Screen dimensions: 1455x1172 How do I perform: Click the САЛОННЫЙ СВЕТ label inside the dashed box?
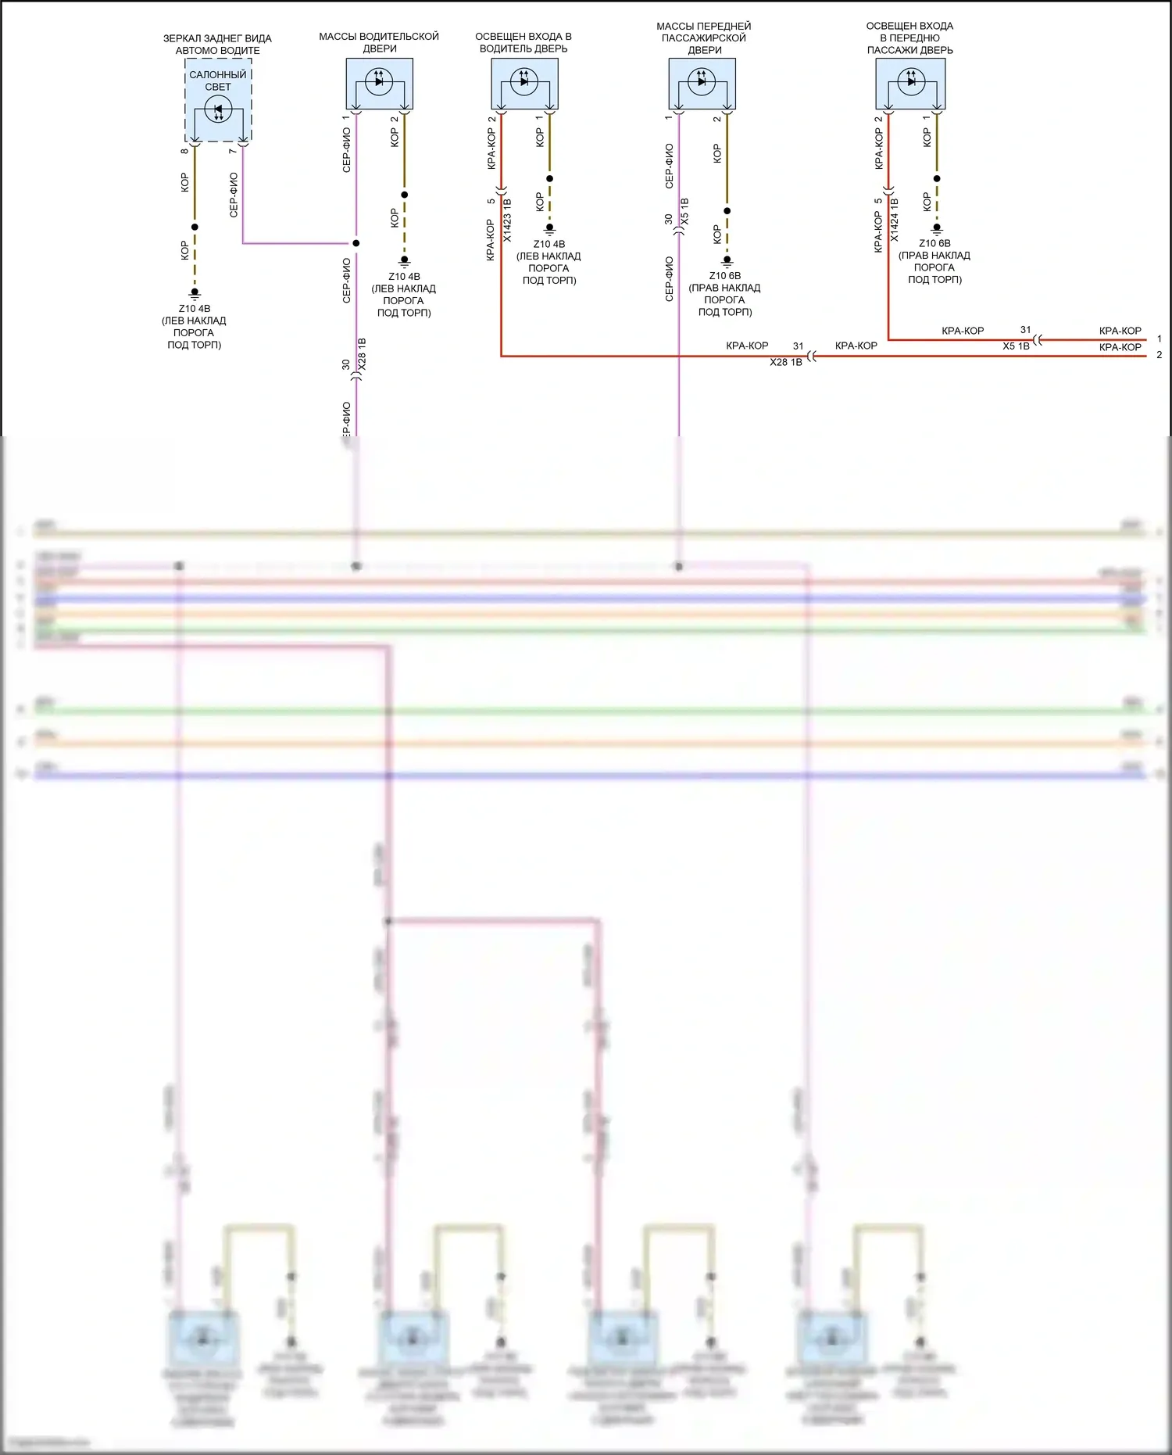[218, 81]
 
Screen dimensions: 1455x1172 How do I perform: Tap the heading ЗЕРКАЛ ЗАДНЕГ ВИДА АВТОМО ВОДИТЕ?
[217, 45]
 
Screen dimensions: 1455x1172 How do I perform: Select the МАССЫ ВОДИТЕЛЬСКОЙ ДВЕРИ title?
[379, 42]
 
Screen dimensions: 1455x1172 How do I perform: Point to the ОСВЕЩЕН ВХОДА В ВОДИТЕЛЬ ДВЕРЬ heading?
[523, 42]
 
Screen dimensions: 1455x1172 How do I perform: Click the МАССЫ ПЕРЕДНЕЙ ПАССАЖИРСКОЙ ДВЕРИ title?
[704, 38]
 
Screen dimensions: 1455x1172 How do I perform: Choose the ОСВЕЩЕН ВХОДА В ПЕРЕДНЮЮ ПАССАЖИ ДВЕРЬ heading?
[910, 38]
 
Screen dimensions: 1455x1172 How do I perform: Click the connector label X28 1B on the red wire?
[786, 363]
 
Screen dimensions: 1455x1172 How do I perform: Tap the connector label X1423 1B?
[507, 220]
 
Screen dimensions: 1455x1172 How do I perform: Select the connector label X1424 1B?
[895, 220]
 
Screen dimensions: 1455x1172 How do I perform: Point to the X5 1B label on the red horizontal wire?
[1016, 346]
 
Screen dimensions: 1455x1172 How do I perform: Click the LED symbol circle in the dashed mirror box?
[218, 109]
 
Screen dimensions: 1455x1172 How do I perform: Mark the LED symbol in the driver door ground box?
[379, 81]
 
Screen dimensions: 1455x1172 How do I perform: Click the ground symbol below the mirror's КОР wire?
[195, 293]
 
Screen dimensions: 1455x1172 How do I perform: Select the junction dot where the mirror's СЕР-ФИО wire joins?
[356, 243]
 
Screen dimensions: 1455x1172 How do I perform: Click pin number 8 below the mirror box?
[184, 151]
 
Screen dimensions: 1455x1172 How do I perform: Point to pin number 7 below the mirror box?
[233, 151]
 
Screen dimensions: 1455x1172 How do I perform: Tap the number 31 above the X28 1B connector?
[798, 346]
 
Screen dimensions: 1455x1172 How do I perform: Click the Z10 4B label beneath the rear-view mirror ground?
[195, 309]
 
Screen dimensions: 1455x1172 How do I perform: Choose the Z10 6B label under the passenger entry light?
[934, 243]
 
